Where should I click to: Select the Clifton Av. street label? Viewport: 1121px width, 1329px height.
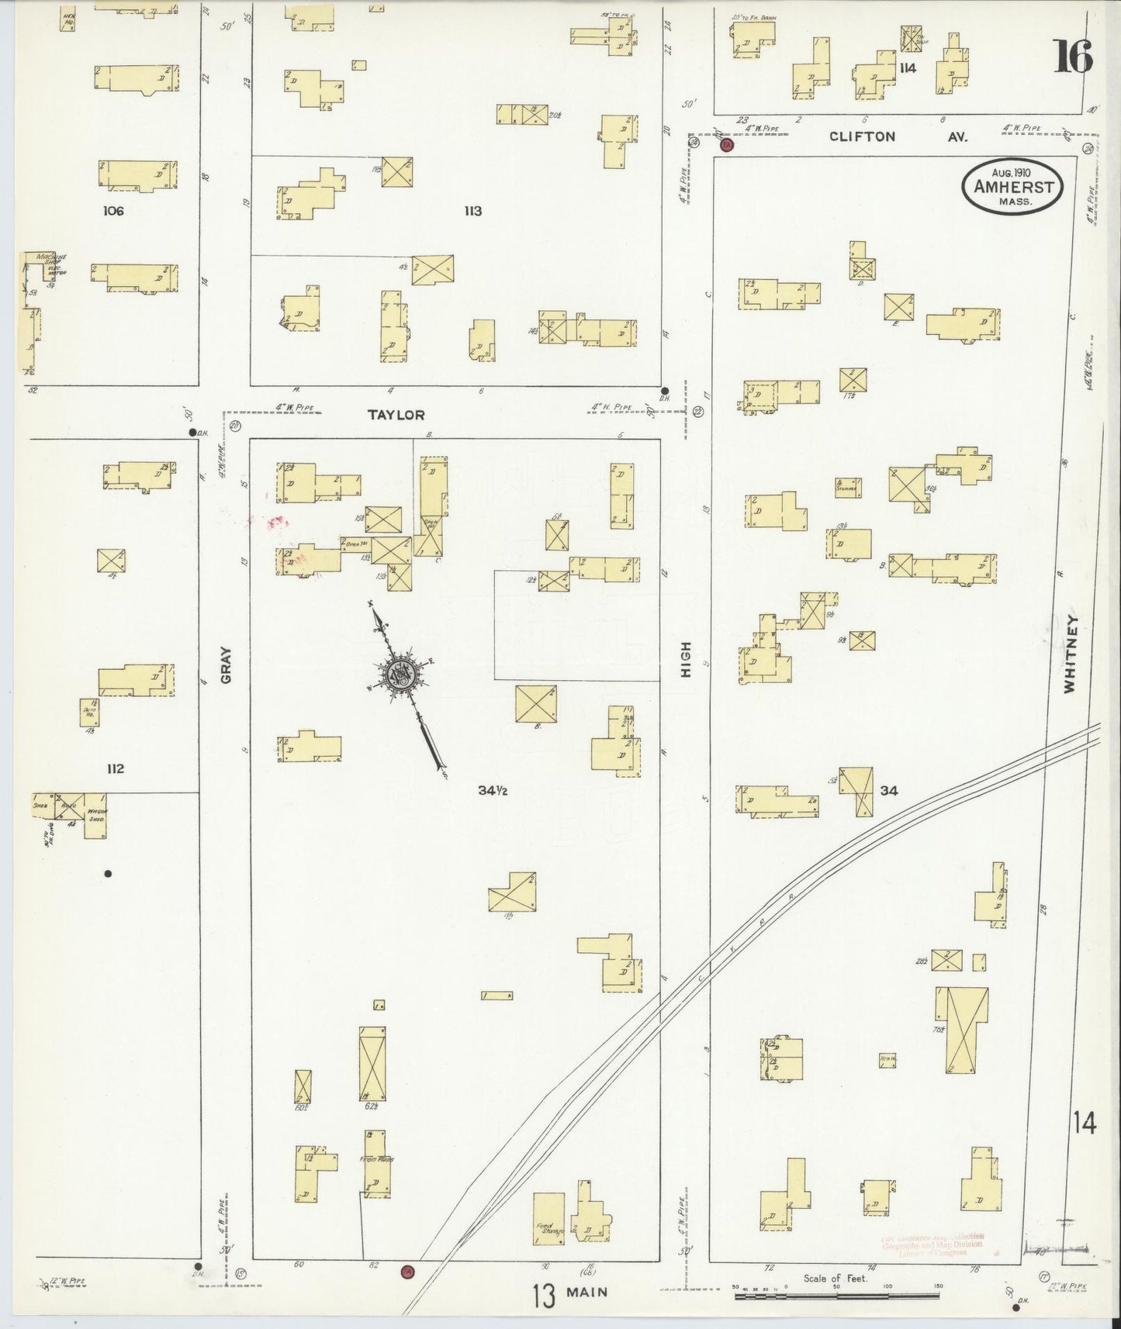[900, 136]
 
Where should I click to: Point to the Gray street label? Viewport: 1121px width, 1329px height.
[227, 665]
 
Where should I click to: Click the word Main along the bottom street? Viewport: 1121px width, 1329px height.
[586, 1293]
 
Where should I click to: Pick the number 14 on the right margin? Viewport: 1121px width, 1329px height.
[1085, 1123]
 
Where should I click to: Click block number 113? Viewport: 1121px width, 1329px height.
[472, 211]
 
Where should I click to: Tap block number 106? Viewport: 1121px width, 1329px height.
[113, 211]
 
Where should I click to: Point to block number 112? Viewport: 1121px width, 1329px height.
[116, 769]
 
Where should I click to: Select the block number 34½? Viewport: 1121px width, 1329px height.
[493, 791]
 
